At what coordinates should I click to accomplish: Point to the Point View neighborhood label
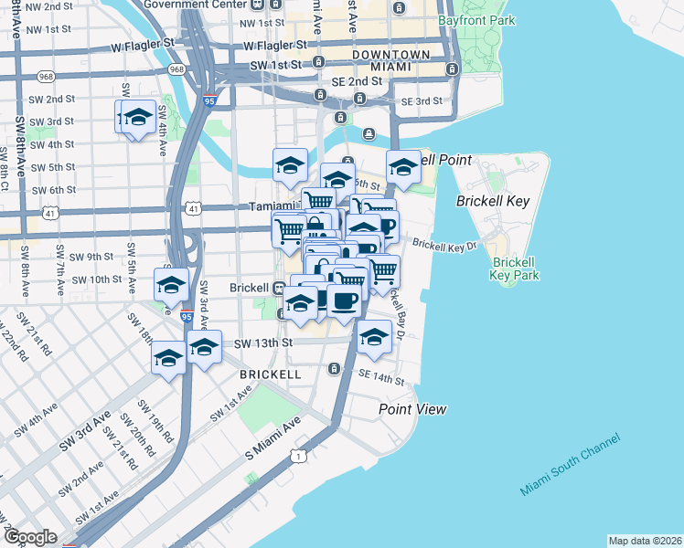413,409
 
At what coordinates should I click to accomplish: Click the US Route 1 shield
297,456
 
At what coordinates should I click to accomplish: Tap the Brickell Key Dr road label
445,245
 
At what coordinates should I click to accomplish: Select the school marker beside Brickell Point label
402,166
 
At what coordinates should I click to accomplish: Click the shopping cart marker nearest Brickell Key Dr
383,270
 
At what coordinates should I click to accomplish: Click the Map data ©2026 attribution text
645,541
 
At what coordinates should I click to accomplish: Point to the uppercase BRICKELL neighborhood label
270,374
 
